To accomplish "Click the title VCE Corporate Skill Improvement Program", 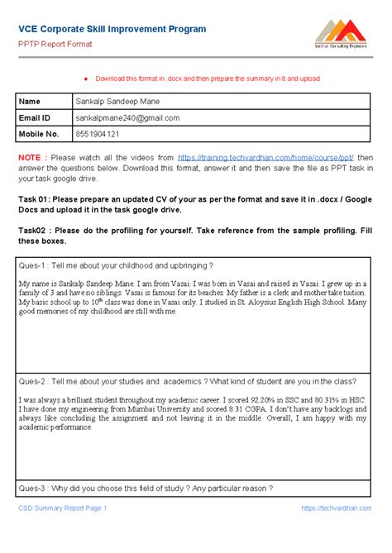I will point(112,29).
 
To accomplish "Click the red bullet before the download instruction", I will point(84,79).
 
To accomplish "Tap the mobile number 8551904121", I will point(98,133).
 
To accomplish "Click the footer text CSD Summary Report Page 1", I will point(63,508).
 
